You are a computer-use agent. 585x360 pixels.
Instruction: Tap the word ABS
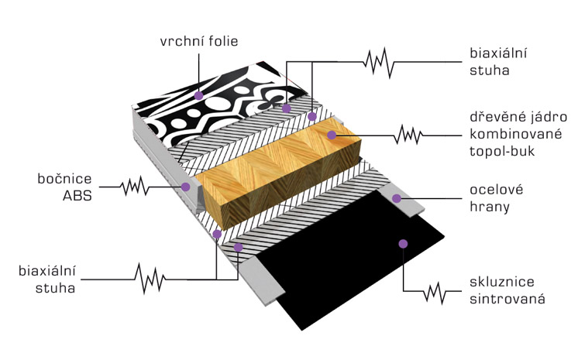77,196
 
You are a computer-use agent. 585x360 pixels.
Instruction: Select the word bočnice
64,179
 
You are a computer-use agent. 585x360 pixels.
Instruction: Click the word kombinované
515,134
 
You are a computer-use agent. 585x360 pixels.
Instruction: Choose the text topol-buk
502,151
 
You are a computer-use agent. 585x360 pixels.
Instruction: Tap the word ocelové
496,190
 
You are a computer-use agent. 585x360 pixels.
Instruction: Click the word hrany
490,207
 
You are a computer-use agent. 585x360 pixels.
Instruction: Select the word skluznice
502,281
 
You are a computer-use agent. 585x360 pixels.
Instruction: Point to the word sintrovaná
508,299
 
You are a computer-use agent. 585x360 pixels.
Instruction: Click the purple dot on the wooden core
332,135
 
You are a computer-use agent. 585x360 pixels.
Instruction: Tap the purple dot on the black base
403,244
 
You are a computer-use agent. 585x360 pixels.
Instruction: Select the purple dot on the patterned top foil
199,95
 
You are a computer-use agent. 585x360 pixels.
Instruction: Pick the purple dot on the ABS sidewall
185,187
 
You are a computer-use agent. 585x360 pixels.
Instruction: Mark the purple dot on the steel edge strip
397,198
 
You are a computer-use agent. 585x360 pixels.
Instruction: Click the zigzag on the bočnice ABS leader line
135,186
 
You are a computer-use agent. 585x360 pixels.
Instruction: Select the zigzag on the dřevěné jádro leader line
408,135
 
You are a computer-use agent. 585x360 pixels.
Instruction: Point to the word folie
223,41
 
